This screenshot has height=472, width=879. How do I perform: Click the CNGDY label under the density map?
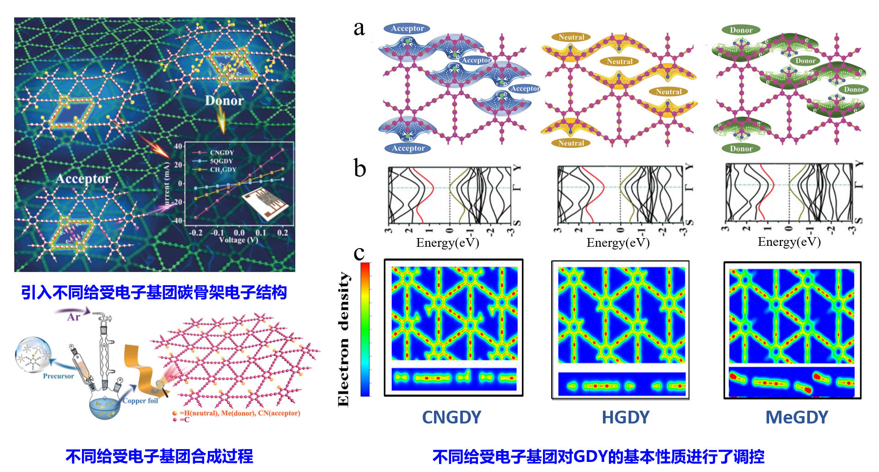tap(451, 417)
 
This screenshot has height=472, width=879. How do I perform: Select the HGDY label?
tap(625, 417)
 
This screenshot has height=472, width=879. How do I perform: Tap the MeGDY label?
tap(797, 417)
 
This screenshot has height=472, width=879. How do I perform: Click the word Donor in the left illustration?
tap(224, 101)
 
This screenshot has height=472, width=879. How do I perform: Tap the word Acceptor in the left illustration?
tap(83, 179)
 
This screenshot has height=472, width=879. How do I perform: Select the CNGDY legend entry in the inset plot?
tap(222, 152)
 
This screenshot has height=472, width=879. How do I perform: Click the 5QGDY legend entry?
tap(221, 161)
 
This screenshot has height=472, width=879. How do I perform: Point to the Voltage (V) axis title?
tap(238, 240)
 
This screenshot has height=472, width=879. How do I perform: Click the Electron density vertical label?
tap(343, 339)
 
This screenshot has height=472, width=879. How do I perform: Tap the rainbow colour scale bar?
tap(365, 329)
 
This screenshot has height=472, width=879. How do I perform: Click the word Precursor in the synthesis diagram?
tap(58, 376)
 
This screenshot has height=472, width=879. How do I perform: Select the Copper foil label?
tap(140, 401)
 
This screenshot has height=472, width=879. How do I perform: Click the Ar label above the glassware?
tap(74, 317)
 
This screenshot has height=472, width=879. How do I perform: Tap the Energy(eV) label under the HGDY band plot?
tap(618, 243)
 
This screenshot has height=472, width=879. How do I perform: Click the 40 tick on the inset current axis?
tap(178, 146)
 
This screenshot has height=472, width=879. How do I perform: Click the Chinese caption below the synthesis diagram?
tap(159, 456)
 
